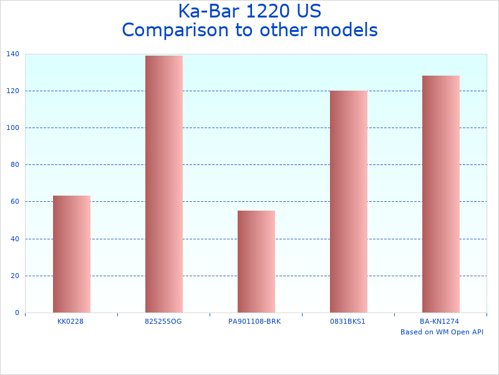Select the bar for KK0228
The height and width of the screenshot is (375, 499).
pos(72,254)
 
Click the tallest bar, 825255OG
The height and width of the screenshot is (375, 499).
pos(164,184)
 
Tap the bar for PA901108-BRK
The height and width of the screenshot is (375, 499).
pos(256,261)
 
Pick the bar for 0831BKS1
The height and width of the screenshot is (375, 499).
pos(349,201)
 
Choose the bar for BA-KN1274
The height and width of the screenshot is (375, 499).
pos(441,194)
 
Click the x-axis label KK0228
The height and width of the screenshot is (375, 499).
pos(70,321)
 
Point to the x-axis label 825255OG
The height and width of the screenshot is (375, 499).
pos(163,321)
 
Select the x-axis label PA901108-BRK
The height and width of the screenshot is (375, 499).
pos(254,321)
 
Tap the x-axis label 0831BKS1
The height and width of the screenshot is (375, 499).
pos(348,321)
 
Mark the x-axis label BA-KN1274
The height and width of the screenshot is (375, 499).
pos(440,321)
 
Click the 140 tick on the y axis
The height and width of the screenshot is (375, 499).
pos(12,54)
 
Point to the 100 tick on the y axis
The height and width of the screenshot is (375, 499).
pos(12,128)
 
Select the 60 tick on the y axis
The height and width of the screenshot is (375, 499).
pos(14,202)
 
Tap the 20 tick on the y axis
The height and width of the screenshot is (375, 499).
pos(14,276)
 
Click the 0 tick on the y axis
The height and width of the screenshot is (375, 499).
pos(17,312)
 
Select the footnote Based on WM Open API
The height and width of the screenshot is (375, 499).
pos(442,332)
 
